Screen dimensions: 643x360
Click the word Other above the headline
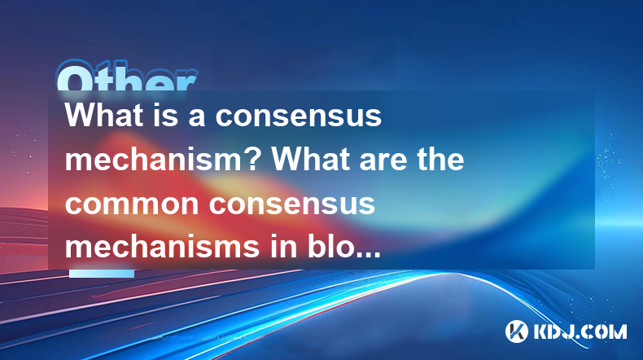(127, 76)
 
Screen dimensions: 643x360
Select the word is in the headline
(165, 115)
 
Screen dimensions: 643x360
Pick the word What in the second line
(309, 160)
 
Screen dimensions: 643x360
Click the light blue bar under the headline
(102, 274)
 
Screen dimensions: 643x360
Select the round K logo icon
(517, 331)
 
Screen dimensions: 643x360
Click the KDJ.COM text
(580, 331)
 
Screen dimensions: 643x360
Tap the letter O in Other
(74, 76)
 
